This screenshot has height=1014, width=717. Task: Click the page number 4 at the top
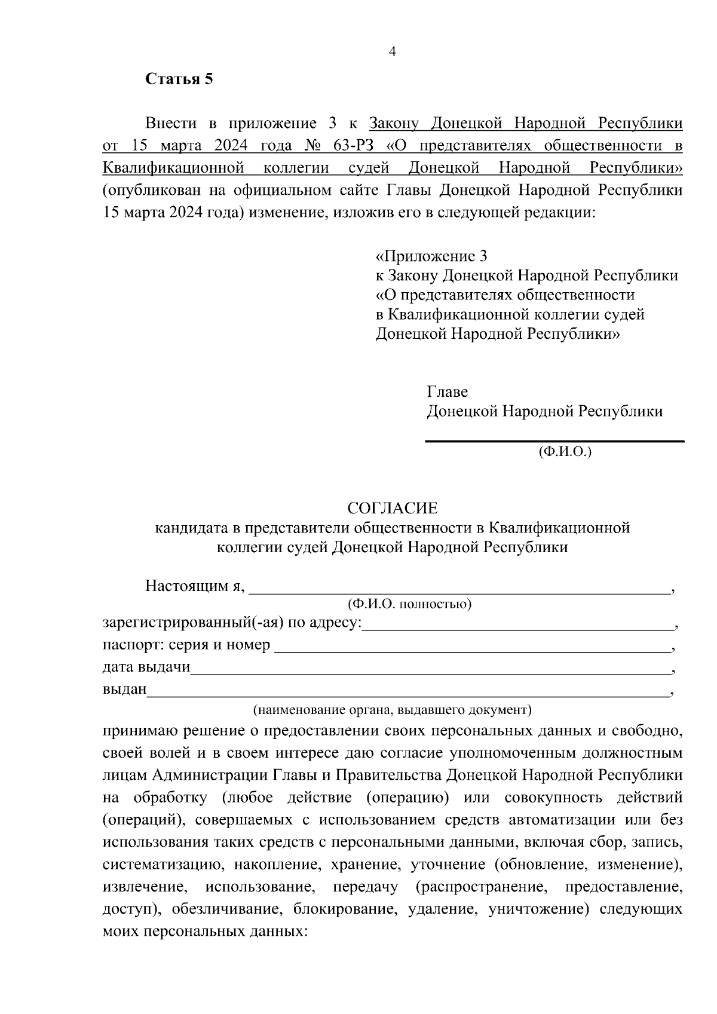(393, 52)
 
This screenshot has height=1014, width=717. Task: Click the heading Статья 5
(179, 79)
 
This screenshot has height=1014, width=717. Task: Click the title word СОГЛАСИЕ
(393, 508)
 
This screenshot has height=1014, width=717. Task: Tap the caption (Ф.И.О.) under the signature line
(565, 452)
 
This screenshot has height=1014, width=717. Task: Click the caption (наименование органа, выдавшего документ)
(392, 710)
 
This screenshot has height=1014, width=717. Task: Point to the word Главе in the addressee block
(447, 392)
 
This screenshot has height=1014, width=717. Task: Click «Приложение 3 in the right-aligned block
(431, 256)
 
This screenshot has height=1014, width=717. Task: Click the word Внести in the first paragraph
(171, 124)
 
